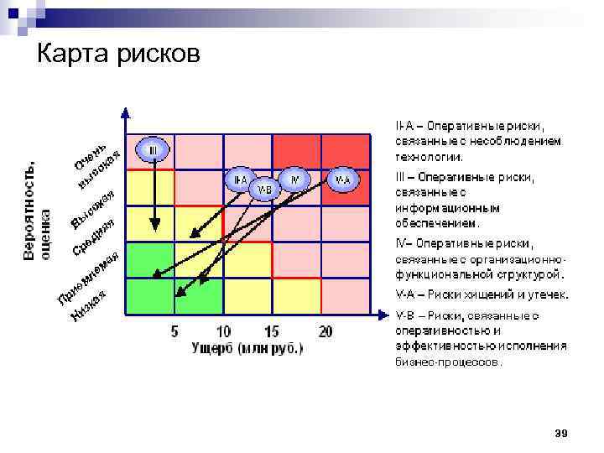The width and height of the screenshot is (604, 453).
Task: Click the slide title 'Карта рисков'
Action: point(119,54)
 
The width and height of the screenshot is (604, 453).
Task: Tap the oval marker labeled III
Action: point(154,150)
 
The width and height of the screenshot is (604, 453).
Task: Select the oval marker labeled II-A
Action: point(241,180)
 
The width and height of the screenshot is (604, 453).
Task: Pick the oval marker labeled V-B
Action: point(265,189)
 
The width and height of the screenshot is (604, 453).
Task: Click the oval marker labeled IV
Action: point(294,180)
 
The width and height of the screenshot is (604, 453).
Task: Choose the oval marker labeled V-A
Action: point(342,180)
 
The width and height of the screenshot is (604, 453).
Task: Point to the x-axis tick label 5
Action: point(174,332)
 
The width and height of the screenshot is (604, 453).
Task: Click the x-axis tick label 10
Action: point(224,332)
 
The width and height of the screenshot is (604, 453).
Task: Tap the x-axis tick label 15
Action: point(272,332)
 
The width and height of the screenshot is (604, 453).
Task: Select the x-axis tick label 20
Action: point(325,332)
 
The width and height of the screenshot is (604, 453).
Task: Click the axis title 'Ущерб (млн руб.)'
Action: point(247,347)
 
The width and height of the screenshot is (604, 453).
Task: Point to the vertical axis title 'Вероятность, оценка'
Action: point(37,211)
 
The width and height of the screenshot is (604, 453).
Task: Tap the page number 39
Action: point(561,433)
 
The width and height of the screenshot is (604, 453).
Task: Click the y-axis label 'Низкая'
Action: point(88,305)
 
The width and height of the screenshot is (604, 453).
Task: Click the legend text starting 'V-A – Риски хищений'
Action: point(482,294)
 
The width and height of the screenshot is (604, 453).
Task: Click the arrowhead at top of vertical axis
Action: point(125,112)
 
